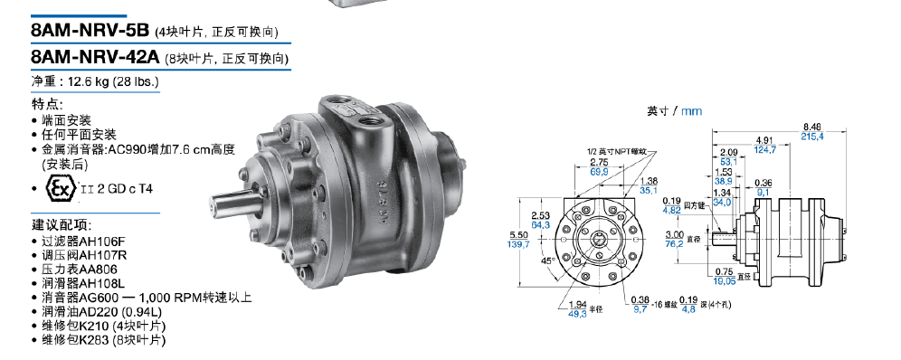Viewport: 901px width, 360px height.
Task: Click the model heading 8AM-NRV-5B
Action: point(90,30)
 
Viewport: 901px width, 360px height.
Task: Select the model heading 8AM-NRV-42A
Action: point(96,57)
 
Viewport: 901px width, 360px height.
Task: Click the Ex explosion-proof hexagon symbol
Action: point(61,189)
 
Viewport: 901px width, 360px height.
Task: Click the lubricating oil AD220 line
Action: point(97,312)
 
